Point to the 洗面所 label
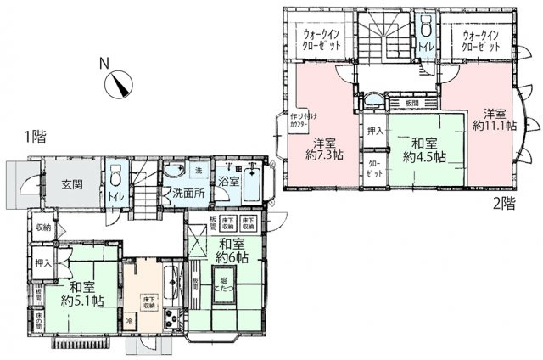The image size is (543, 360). [189, 194]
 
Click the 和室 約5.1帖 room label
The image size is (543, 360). [81, 293]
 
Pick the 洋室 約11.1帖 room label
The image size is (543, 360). [495, 118]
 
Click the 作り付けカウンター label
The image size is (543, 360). [299, 121]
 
